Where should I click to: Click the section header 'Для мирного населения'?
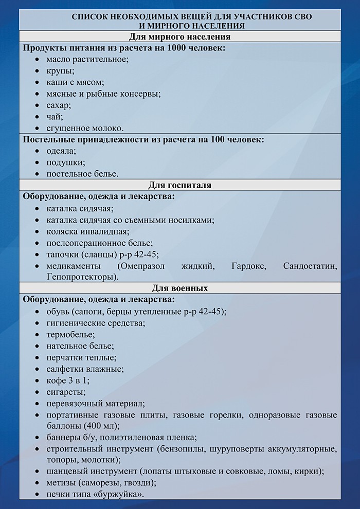point(179,37)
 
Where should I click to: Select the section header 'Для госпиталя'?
point(179,185)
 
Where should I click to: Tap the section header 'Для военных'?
point(179,288)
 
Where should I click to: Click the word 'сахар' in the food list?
point(58,105)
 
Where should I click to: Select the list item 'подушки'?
point(65,162)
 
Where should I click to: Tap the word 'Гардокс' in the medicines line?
point(238,266)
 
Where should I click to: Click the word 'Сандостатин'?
point(310,266)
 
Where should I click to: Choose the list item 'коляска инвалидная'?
point(87,231)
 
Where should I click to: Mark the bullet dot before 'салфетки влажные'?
point(39,369)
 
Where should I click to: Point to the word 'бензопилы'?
point(233,449)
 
